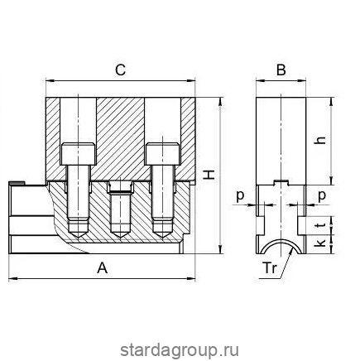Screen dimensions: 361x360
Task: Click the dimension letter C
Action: click(x=121, y=70)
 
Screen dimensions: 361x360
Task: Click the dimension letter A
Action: click(x=102, y=267)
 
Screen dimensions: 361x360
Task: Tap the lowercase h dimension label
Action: click(x=320, y=140)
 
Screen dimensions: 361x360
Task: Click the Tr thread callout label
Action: click(x=270, y=267)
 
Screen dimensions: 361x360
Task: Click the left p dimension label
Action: click(x=240, y=195)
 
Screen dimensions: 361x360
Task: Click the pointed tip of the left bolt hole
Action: click(x=79, y=234)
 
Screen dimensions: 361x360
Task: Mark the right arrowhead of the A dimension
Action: click(x=196, y=277)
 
